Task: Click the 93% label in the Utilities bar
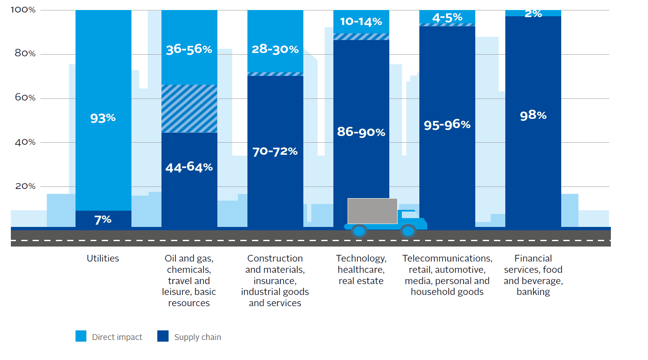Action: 103,118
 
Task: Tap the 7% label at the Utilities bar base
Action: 103,219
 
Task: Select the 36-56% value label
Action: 189,49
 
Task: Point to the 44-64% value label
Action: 189,167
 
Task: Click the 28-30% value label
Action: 275,49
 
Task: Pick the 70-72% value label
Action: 275,151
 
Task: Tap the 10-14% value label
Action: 361,22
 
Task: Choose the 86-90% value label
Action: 361,132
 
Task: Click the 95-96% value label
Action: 447,124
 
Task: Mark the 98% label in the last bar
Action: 533,115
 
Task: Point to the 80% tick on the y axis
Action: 25,53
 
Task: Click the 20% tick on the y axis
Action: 25,186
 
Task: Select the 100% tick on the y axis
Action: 23,10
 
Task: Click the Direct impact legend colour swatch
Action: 81,336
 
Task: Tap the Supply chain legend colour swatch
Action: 163,336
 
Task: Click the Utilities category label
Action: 103,259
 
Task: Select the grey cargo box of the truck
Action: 372,211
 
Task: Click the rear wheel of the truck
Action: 359,231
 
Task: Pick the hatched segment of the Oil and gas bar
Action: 189,108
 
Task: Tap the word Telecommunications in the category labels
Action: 447,259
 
